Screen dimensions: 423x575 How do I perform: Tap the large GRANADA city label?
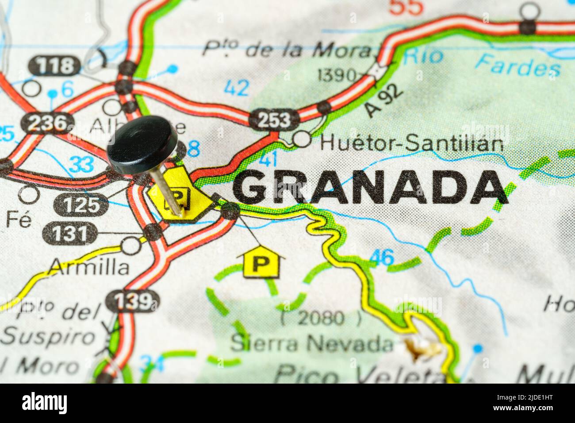[x=370, y=188]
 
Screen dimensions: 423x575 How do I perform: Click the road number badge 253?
[x=274, y=120]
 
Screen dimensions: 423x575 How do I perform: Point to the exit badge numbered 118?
[x=55, y=66]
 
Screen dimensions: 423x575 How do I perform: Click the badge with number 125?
[x=81, y=205]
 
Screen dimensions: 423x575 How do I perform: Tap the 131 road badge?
[x=70, y=233]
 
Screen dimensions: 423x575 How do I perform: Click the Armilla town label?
[x=89, y=266]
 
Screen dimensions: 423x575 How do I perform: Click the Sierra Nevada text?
[x=312, y=343]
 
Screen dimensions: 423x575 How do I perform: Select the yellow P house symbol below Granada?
[x=261, y=264]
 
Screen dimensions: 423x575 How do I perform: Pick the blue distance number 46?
[x=381, y=257]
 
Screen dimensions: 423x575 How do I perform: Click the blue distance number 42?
[x=236, y=88]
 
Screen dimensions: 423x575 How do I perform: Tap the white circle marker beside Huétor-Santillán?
[x=303, y=139]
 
